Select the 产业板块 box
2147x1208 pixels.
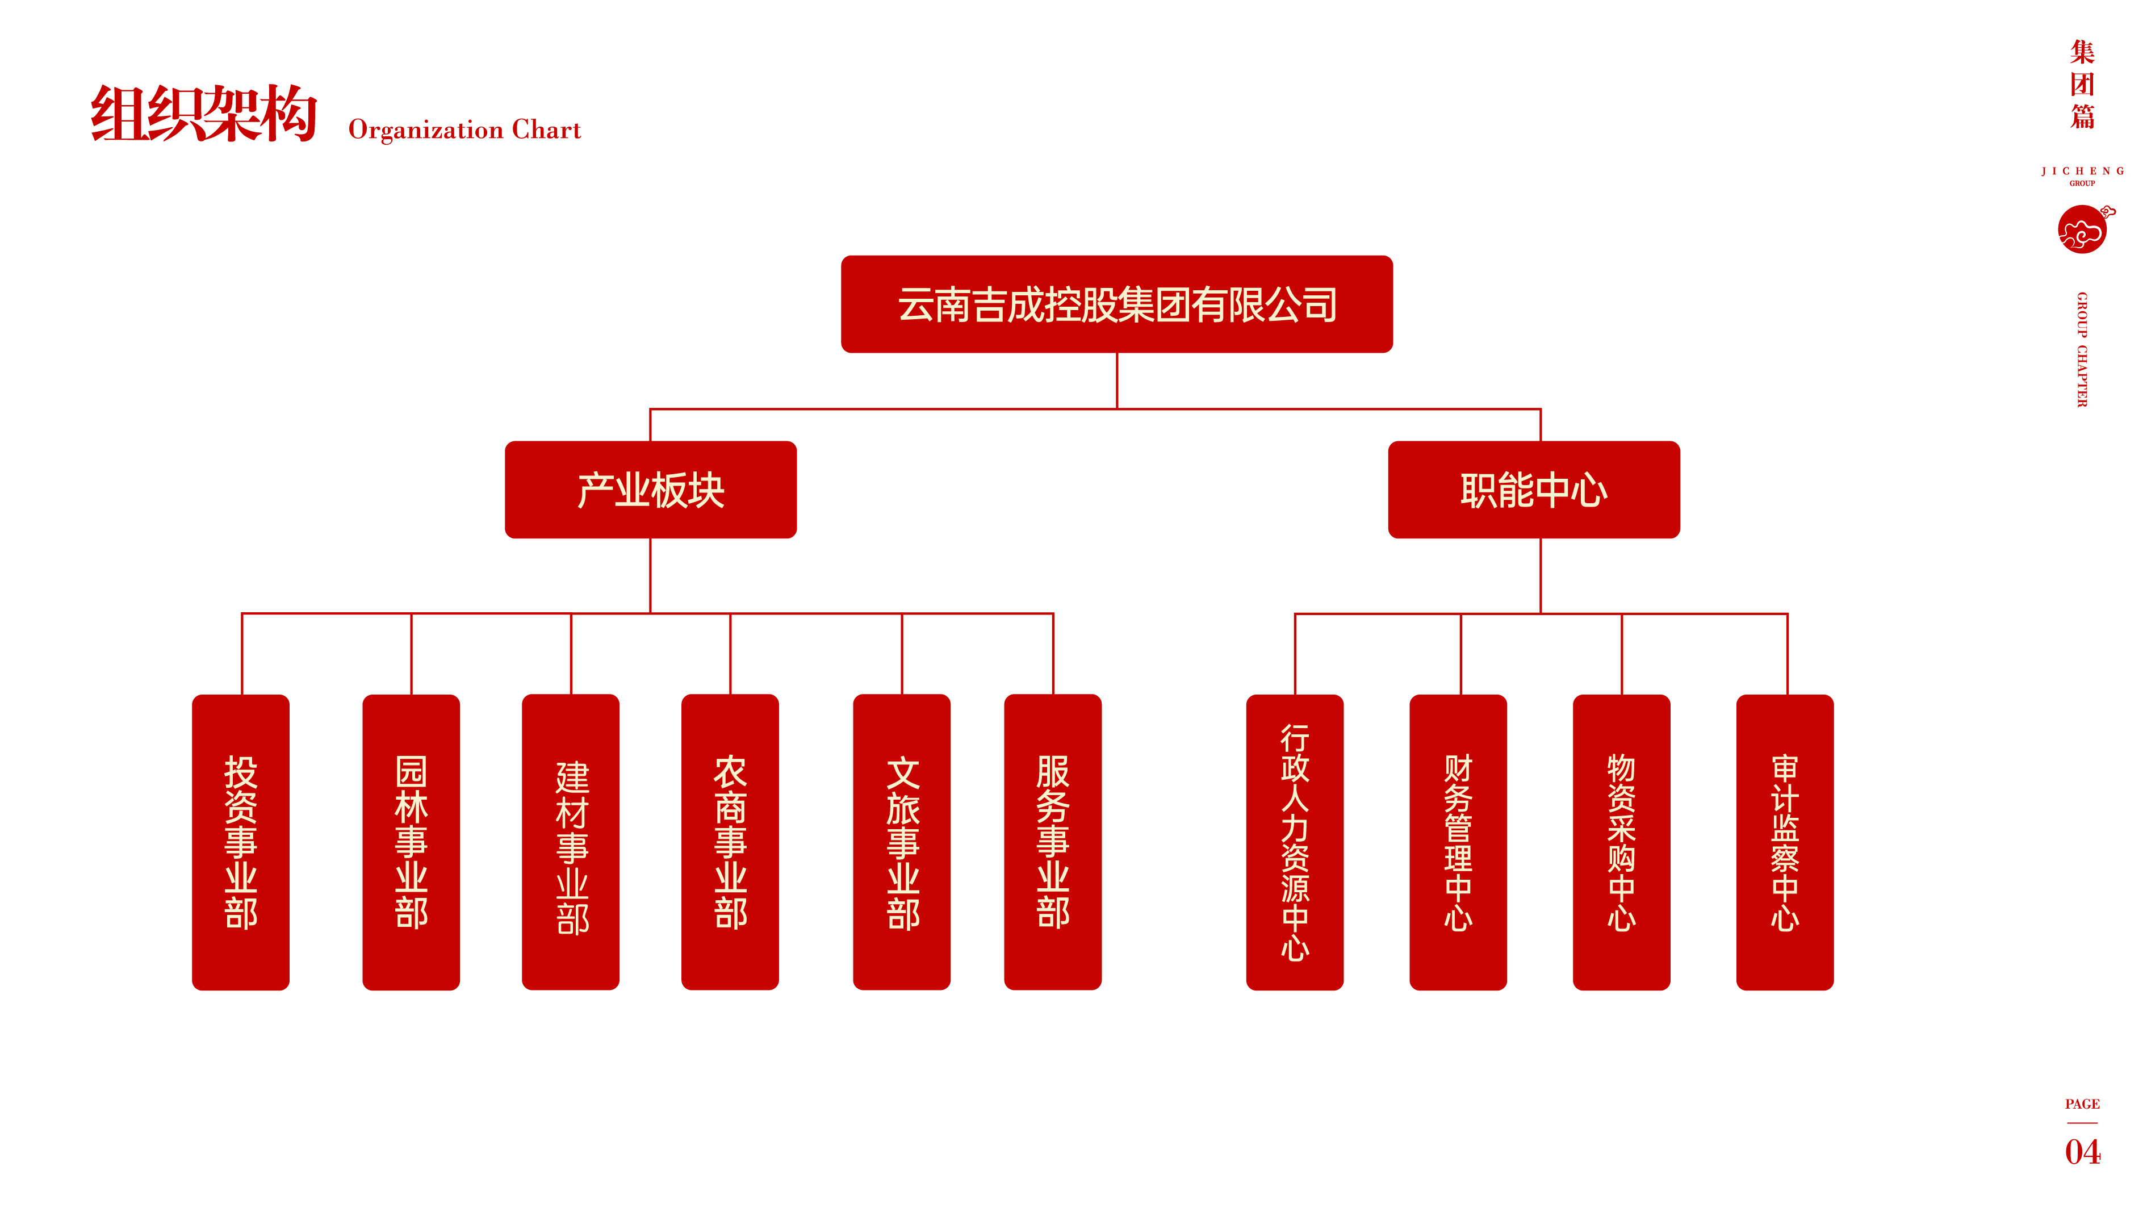(x=650, y=490)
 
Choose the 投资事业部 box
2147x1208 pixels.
(x=241, y=842)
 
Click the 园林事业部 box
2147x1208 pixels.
(x=411, y=842)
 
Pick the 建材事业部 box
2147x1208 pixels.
(x=571, y=842)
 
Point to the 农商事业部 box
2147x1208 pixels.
(x=730, y=842)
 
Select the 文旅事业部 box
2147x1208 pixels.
(x=902, y=842)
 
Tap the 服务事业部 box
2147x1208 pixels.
(x=1053, y=842)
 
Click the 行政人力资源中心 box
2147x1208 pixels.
(x=1294, y=842)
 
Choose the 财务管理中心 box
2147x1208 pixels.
(x=1458, y=842)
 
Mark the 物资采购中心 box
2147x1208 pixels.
(x=1621, y=842)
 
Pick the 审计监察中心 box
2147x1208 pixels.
(x=1785, y=842)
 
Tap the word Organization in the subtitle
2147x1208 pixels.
(x=425, y=130)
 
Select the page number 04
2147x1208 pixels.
(x=2082, y=1152)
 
